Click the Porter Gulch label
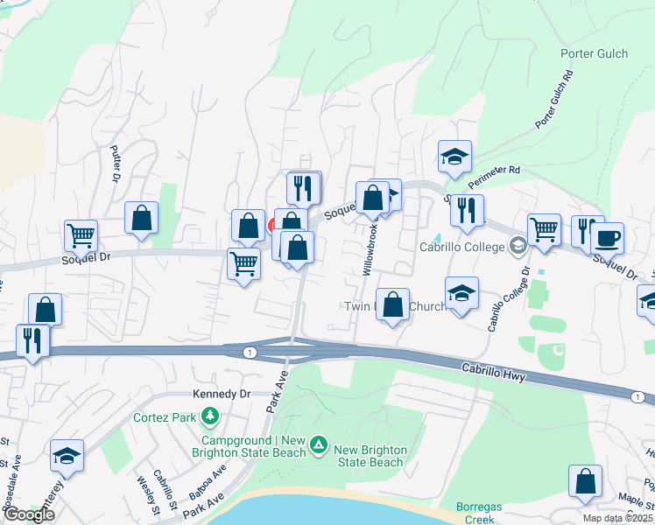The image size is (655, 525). point(594,53)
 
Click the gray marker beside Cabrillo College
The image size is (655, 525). point(518,247)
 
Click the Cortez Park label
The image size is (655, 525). point(164,416)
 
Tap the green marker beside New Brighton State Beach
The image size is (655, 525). point(320,449)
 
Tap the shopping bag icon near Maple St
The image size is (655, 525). point(585,482)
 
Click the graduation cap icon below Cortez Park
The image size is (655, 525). point(67,456)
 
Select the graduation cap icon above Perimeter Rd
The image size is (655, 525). point(454,157)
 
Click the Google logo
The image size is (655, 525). point(29,514)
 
